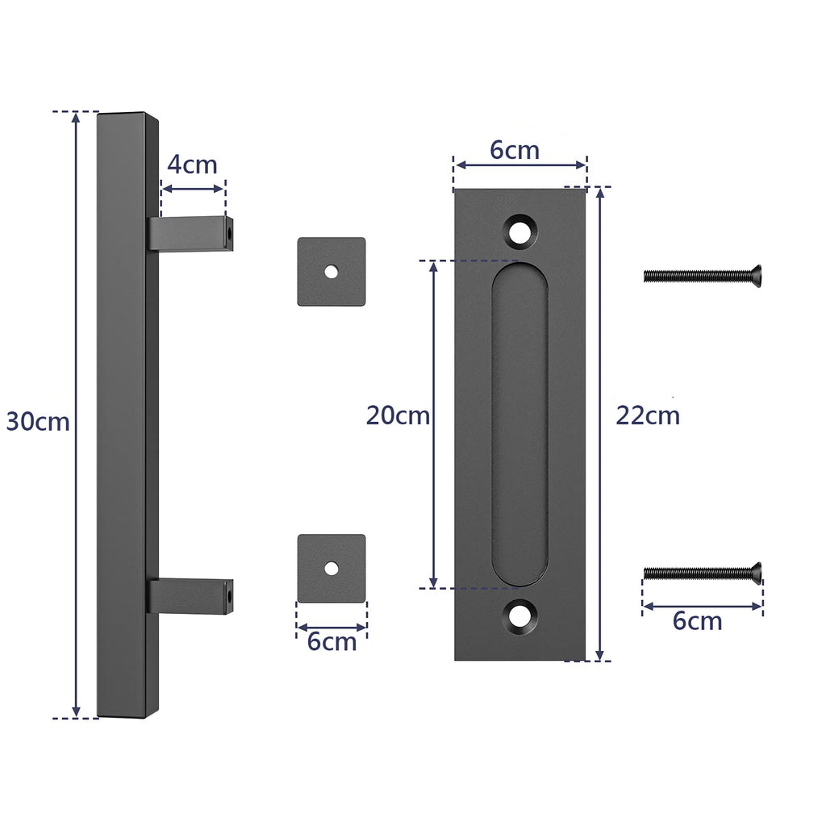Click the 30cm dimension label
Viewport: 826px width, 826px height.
coord(38,421)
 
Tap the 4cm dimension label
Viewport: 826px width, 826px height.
coord(192,165)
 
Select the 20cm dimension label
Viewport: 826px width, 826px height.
coord(398,415)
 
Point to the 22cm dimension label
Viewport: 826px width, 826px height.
coord(648,415)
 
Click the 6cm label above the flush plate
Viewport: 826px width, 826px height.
coord(515,150)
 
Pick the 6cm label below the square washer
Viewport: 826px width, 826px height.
coord(332,642)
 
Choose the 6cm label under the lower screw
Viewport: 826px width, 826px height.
coord(697,621)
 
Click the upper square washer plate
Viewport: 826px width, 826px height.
coord(332,272)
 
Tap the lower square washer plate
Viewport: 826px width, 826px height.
coord(332,568)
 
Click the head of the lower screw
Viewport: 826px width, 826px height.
coord(755,573)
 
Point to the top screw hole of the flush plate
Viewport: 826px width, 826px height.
coord(520,230)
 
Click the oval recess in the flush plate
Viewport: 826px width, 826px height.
coord(519,423)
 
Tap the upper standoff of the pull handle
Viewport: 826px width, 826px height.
coord(192,234)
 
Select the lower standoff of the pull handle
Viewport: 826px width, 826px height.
coord(192,595)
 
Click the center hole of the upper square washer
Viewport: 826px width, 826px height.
coord(332,272)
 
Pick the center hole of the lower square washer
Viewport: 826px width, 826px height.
coord(332,568)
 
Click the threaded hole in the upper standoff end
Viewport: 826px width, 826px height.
coord(228,234)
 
